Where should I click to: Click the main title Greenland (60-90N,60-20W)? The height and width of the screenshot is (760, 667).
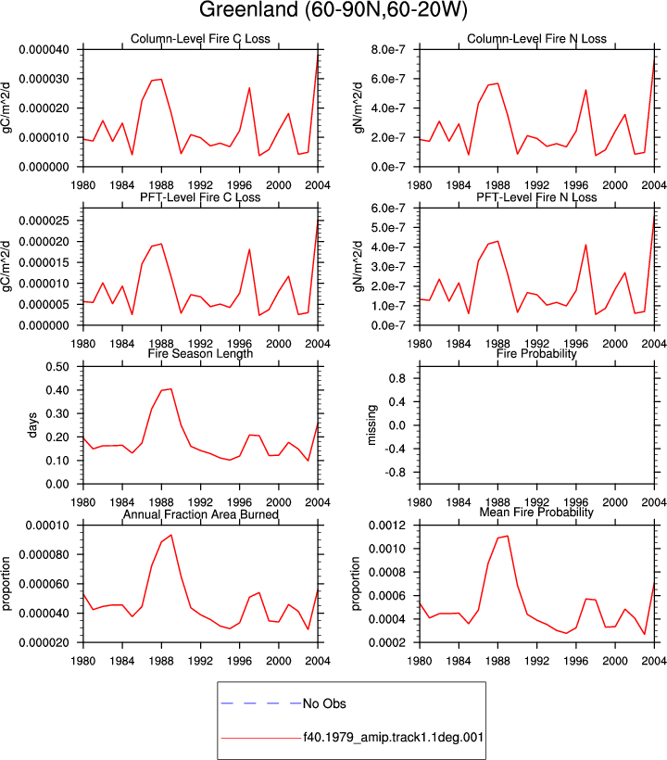click(333, 9)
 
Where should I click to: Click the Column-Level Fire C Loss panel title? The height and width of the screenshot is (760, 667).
click(200, 39)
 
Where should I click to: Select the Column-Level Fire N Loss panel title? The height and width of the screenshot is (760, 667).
click(536, 39)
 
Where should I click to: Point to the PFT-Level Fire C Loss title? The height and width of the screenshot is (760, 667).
click(200, 197)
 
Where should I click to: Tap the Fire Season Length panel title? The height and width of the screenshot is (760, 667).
click(200, 353)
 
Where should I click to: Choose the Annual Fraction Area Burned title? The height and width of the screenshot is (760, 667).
click(200, 514)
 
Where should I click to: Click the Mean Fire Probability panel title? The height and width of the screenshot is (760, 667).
click(536, 513)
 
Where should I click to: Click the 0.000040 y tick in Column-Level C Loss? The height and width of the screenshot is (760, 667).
click(44, 49)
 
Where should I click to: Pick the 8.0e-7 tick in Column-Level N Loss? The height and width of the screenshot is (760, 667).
click(388, 49)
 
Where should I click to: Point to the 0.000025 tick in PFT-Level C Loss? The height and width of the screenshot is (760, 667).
click(44, 221)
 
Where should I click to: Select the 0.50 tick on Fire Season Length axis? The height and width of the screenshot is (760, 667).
click(57, 367)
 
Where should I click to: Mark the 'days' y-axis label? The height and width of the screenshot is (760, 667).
click(32, 425)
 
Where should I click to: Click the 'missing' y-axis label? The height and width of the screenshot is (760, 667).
click(371, 425)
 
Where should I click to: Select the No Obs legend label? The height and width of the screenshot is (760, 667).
click(324, 703)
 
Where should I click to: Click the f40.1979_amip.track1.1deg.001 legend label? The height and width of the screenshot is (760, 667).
click(394, 738)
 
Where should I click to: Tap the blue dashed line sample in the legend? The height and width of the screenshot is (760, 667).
click(261, 703)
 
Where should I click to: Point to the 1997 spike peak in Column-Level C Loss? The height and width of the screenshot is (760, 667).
click(249, 88)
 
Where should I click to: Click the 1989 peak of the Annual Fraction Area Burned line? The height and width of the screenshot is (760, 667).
click(171, 535)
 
